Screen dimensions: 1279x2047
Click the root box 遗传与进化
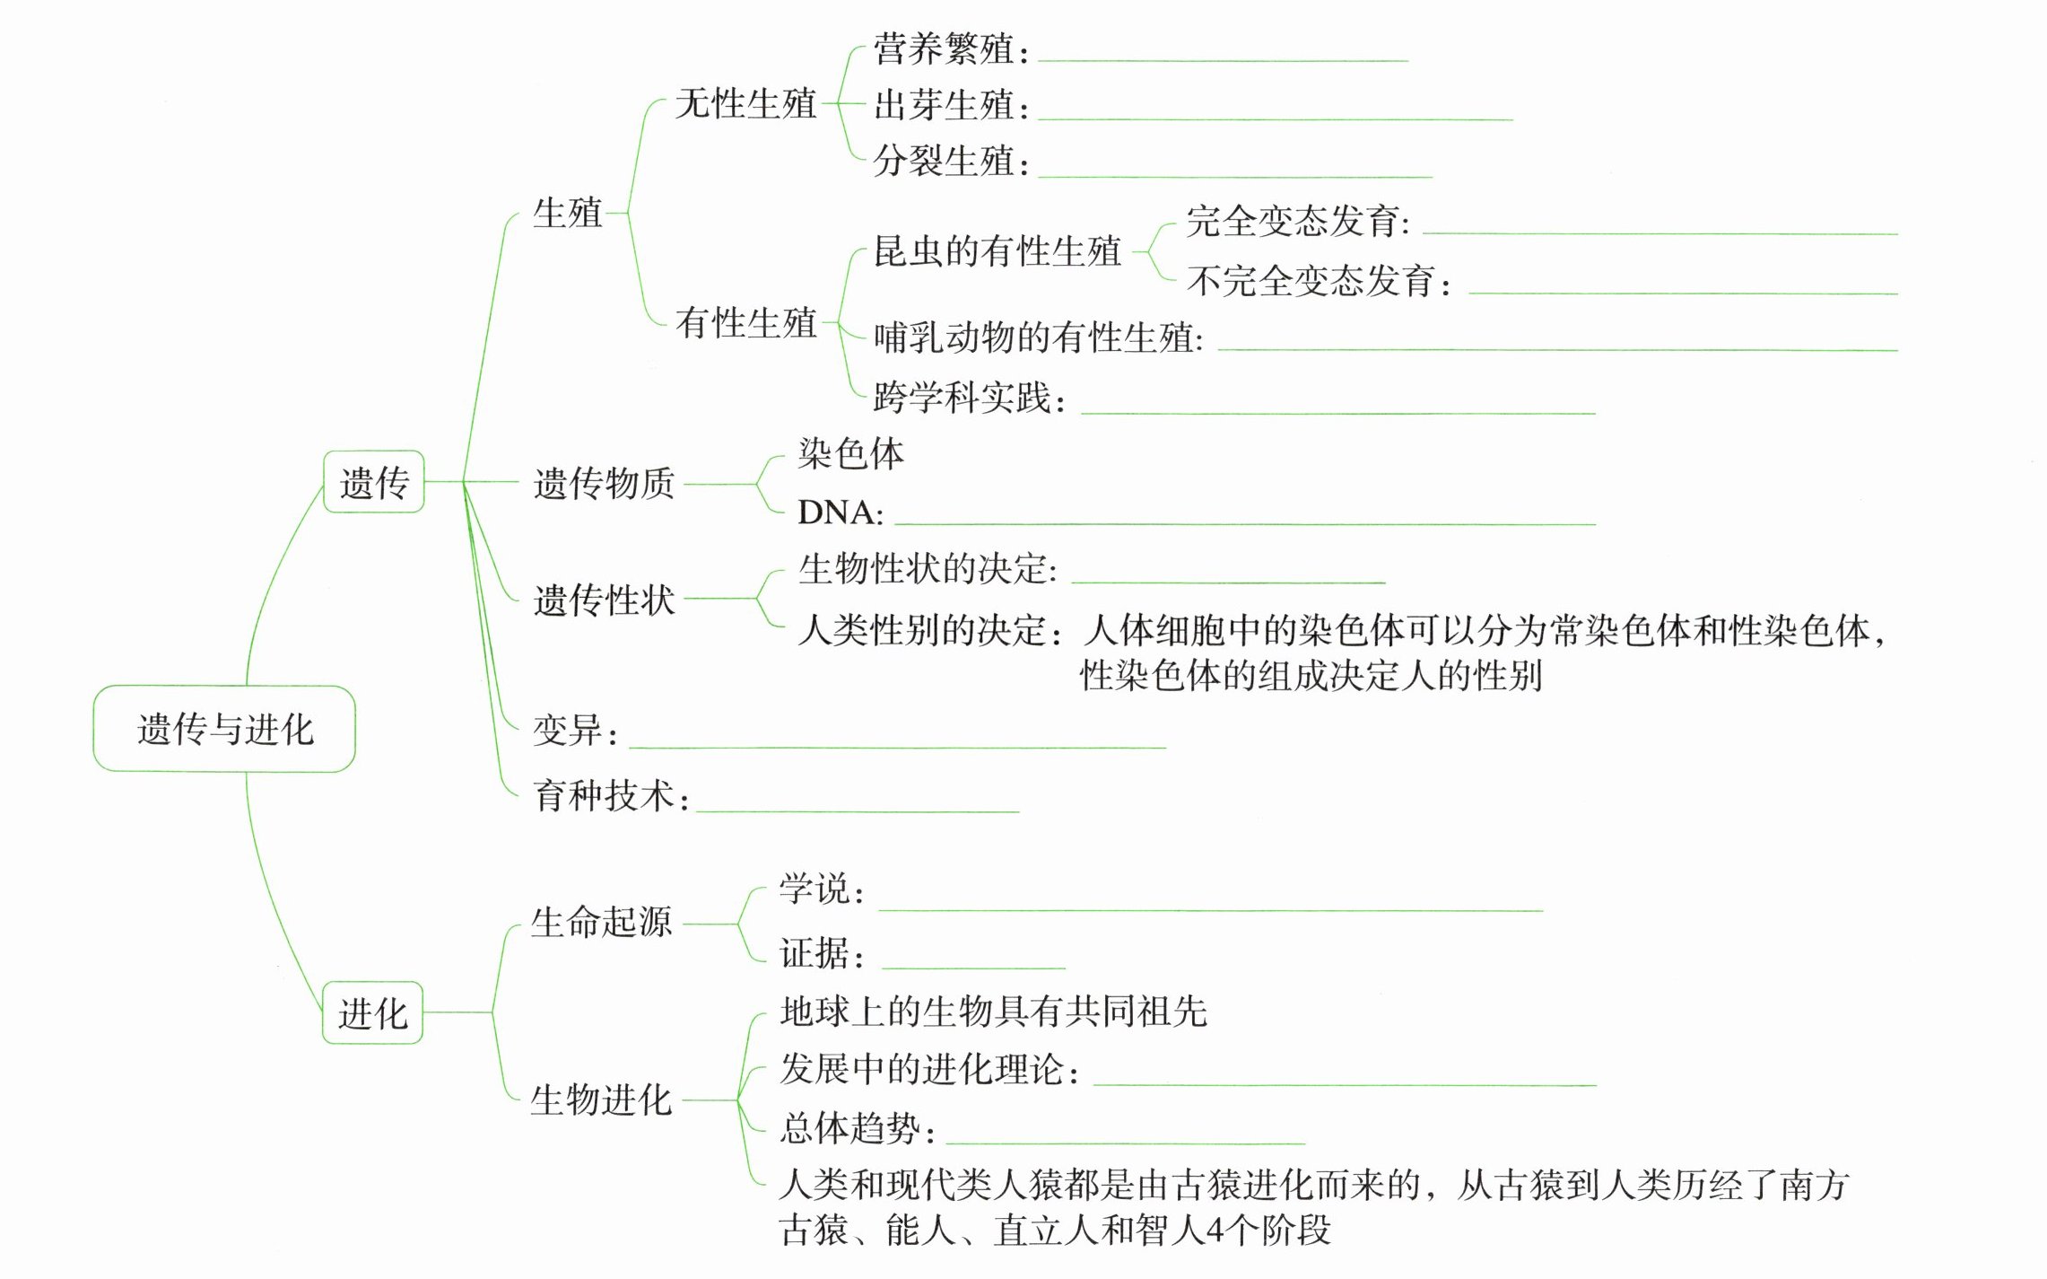[224, 729]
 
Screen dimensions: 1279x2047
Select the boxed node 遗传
[373, 483]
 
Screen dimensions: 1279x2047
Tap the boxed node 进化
[372, 1013]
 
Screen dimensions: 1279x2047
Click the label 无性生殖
[745, 103]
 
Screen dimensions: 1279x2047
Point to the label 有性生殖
[745, 322]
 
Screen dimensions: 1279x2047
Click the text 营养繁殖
[944, 48]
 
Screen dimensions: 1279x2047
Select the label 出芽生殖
[944, 106]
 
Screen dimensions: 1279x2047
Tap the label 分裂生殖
[944, 162]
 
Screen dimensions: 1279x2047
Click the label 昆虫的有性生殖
[997, 251]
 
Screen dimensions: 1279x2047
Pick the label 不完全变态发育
[1311, 281]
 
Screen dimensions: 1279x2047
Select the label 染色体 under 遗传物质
[850, 454]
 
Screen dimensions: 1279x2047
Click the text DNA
[834, 512]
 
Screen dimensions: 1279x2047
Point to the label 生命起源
[601, 922]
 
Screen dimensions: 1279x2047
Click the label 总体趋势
[849, 1128]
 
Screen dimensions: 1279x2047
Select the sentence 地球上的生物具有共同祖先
[993, 1012]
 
